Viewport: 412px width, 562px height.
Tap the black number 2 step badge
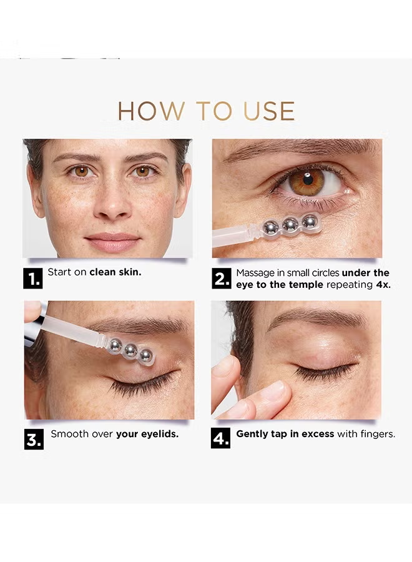[x=222, y=279]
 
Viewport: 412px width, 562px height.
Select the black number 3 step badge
[x=34, y=439]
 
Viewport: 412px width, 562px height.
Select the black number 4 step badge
[x=221, y=438]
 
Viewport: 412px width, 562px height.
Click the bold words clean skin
[x=115, y=272]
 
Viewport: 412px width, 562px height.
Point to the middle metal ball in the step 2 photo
[x=290, y=225]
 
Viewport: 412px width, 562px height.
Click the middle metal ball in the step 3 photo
[x=129, y=350]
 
